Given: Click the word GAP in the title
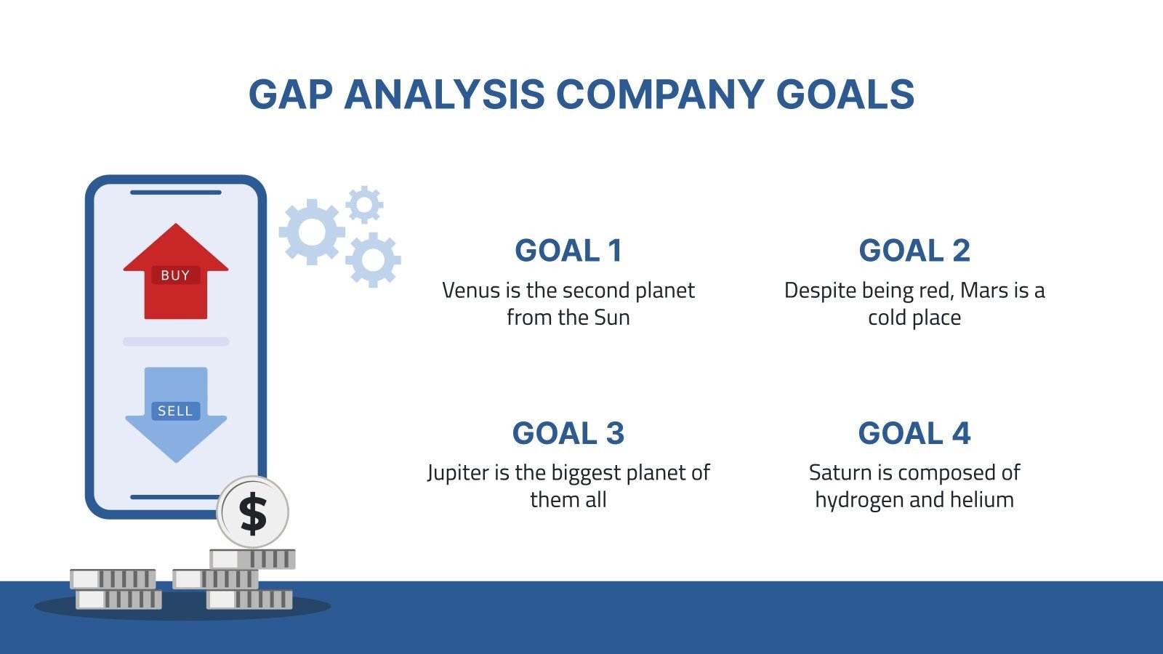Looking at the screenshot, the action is click(x=290, y=94).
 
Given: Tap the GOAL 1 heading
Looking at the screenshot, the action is click(x=568, y=250).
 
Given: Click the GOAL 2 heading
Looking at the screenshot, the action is click(x=914, y=250).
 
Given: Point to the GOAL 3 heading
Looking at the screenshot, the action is click(x=568, y=433).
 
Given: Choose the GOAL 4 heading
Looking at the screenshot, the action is click(x=914, y=433).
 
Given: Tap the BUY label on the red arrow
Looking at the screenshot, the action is click(x=175, y=275).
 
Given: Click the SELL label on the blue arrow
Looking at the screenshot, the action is click(x=175, y=411).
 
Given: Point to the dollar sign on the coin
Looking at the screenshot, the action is click(x=254, y=513).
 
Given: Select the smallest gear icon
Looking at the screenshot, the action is click(x=364, y=204).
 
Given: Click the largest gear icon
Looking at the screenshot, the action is click(x=312, y=232).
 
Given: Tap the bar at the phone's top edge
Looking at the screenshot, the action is click(x=175, y=193).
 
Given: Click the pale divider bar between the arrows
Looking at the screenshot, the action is click(x=175, y=342).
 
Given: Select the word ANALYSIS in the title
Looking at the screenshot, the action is click(x=444, y=94).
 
